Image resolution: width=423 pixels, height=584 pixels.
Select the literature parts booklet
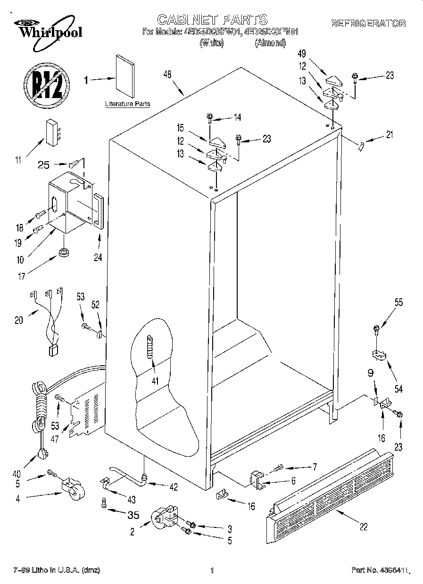point(125,75)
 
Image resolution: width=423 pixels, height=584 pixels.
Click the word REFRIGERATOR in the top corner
point(368,23)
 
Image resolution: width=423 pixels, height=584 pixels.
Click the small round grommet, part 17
point(63,253)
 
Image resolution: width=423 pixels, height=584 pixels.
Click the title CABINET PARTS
point(213,19)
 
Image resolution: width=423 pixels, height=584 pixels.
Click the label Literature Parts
point(127,104)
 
